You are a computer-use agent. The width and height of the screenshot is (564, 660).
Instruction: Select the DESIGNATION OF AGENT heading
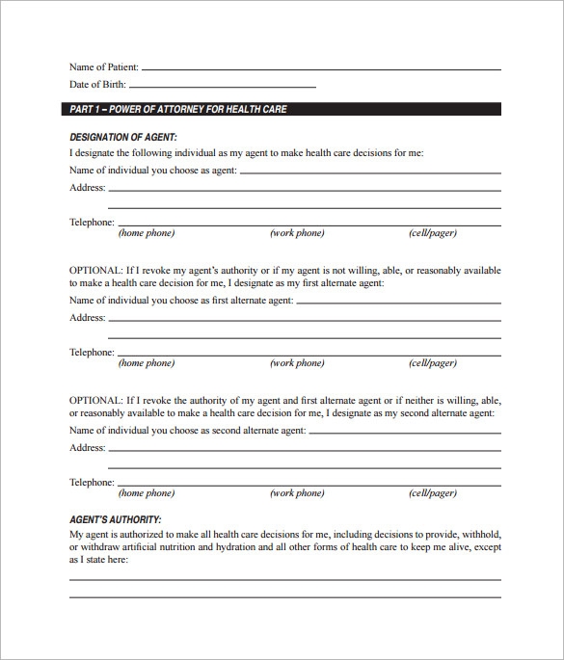(x=123, y=138)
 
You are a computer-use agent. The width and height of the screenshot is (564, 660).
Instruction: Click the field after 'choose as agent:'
(x=370, y=172)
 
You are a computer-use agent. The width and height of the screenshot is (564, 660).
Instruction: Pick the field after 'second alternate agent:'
(x=405, y=433)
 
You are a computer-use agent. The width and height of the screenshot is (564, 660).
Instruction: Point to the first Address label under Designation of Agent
(x=87, y=188)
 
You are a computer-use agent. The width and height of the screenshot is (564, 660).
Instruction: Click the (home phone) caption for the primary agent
(x=146, y=233)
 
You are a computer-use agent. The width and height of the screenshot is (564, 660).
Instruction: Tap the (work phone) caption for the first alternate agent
(x=297, y=363)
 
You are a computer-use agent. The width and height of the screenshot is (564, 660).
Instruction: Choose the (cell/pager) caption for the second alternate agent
(x=433, y=493)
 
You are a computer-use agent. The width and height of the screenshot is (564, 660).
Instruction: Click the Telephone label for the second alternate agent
(x=92, y=482)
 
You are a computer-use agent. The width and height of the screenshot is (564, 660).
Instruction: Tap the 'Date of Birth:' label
(x=98, y=86)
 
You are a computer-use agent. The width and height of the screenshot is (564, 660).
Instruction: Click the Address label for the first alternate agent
(x=87, y=318)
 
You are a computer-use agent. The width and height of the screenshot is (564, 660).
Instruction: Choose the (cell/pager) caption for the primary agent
(x=433, y=233)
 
